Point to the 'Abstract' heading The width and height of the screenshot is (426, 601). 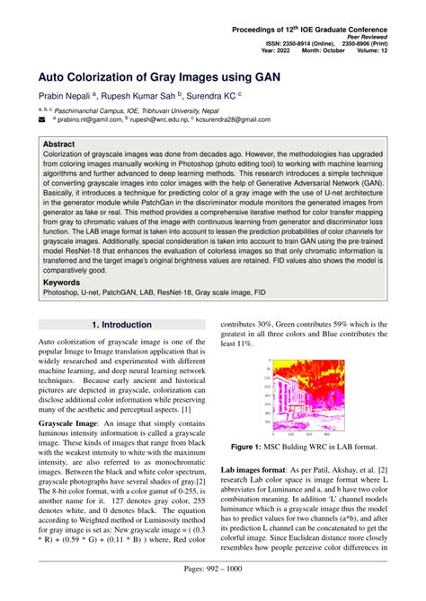[x=59, y=144]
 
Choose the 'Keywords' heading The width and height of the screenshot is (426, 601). [x=62, y=283]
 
